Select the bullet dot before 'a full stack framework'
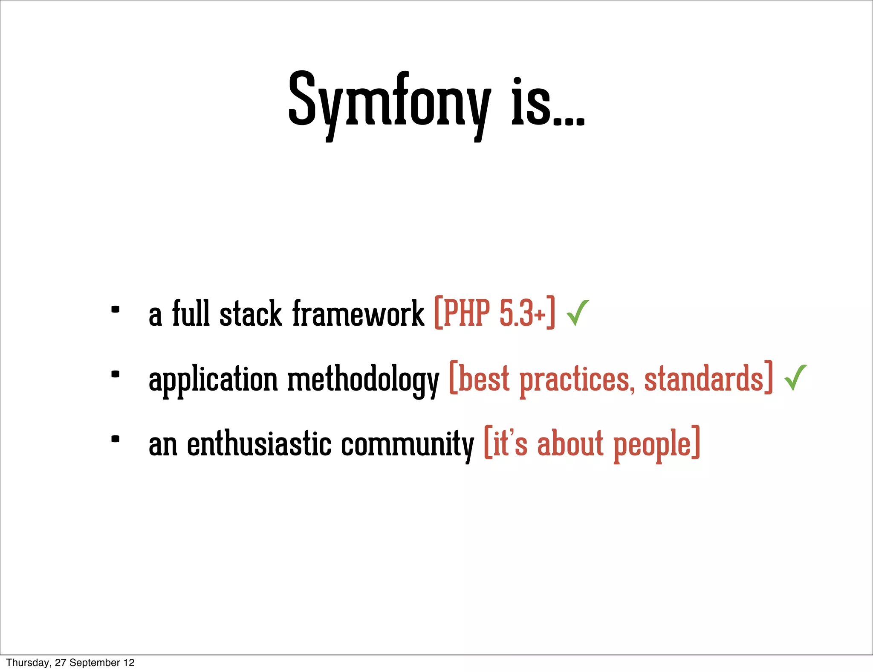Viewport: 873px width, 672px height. pos(115,310)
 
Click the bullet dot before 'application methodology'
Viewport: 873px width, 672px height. pos(115,374)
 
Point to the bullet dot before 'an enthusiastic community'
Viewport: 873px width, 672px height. pos(115,439)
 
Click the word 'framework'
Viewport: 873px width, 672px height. pos(358,314)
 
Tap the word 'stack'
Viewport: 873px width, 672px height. pos(251,314)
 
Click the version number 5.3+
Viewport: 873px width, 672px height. pos(522,313)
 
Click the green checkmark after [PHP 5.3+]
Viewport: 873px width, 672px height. pos(578,313)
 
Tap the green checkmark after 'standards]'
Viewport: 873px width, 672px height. pos(795,377)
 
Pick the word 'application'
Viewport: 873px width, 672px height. pos(213,379)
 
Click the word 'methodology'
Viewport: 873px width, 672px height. pos(363,379)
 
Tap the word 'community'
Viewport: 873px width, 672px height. pos(407,444)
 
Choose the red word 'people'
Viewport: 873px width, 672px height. pos(652,444)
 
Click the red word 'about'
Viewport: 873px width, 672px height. pos(570,443)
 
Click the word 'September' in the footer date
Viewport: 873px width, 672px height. pos(95,663)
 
